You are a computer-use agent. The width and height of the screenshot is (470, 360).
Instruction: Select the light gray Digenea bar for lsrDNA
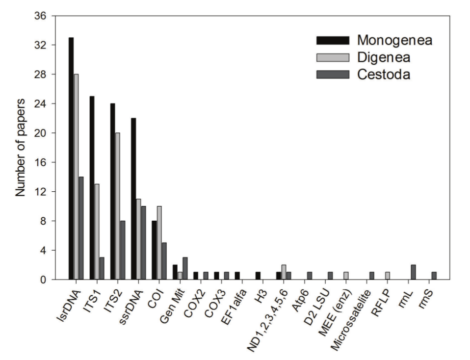coord(76,177)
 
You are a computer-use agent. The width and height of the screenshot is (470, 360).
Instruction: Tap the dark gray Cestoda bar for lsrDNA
coord(81,228)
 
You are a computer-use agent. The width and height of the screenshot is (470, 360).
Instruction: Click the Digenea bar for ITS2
coord(118,206)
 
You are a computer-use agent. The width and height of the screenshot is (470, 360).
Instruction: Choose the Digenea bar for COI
coord(159,243)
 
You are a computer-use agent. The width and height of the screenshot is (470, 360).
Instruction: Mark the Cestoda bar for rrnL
coord(414,272)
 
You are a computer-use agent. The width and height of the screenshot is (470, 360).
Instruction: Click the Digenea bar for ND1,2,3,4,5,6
coord(284,272)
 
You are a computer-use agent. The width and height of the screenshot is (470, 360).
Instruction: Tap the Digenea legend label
coord(382,57)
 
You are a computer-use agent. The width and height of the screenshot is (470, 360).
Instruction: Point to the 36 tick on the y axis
coord(46,16)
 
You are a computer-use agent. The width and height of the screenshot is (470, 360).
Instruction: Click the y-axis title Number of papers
coord(20,148)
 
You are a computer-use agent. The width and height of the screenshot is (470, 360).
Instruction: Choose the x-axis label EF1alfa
coord(231,300)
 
